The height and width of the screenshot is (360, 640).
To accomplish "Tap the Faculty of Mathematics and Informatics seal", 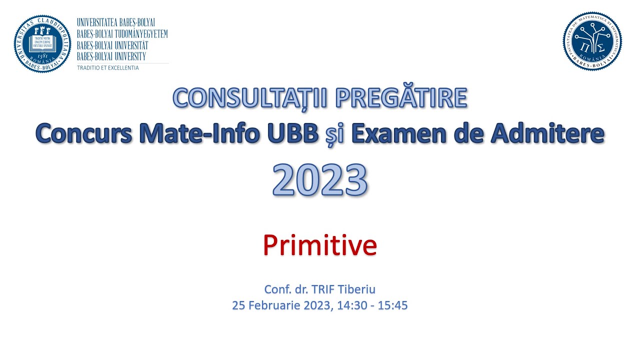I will tap(592, 41).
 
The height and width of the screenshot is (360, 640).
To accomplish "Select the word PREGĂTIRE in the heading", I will tap(400, 98).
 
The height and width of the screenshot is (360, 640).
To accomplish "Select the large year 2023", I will tap(320, 179).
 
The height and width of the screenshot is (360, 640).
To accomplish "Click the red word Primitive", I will tap(320, 245).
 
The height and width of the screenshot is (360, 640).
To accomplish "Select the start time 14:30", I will tap(350, 305).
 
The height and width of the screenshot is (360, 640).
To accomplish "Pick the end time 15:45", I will tap(392, 305).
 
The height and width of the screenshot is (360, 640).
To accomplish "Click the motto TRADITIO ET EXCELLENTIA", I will tap(108, 67).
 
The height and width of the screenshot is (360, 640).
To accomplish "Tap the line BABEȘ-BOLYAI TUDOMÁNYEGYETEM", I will tap(122, 34).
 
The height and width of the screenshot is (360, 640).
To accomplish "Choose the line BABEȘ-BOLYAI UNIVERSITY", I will tap(111, 56).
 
